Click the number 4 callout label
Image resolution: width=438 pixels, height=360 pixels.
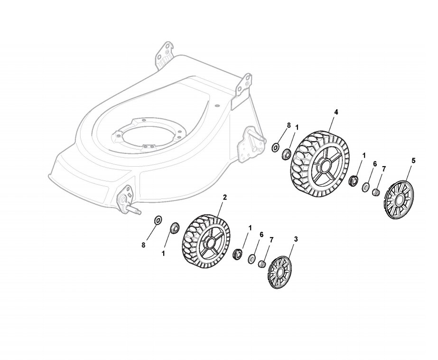pyautogui.click(x=336, y=112)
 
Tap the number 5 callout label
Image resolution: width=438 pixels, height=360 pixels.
pyautogui.click(x=413, y=161)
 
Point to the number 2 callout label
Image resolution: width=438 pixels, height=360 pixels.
pyautogui.click(x=224, y=197)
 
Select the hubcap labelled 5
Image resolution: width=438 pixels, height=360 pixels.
pyautogui.click(x=398, y=199)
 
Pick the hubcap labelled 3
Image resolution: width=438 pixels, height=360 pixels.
pyautogui.click(x=280, y=272)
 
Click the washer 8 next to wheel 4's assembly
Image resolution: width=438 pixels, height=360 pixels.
pyautogui.click(x=275, y=147)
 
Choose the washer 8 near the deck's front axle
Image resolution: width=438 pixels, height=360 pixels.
pyautogui.click(x=158, y=220)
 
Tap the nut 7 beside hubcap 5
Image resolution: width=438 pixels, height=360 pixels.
pyautogui.click(x=375, y=192)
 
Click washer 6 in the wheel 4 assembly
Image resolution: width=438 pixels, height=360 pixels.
pyautogui.click(x=366, y=187)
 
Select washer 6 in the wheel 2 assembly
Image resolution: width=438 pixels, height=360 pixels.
pyautogui.click(x=252, y=258)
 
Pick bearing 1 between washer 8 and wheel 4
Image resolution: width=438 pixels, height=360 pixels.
pyautogui.click(x=287, y=154)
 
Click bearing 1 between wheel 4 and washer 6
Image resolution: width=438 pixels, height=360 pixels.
pyautogui.click(x=353, y=180)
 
